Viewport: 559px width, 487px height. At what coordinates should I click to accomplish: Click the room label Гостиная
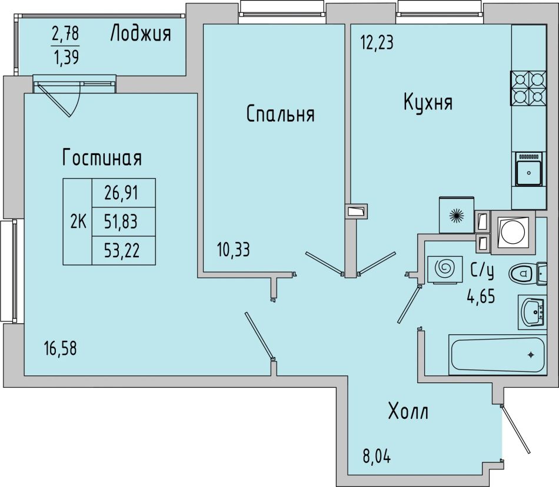102,157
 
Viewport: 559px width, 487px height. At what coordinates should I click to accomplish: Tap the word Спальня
281,114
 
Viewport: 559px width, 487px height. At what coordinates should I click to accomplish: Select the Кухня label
428,102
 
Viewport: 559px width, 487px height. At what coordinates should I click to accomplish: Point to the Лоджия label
141,34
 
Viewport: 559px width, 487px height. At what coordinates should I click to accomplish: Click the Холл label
408,411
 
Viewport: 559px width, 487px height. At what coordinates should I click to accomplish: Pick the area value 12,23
377,43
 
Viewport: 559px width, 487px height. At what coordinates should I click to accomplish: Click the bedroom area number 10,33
234,250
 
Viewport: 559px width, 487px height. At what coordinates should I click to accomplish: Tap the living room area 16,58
60,348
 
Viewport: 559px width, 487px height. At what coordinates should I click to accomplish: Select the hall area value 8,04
377,456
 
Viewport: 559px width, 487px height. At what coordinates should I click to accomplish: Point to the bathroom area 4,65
481,296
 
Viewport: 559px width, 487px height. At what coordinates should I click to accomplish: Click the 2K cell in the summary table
78,222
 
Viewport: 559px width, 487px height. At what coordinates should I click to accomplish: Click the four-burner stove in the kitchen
528,88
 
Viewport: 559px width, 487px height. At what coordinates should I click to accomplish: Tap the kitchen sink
529,169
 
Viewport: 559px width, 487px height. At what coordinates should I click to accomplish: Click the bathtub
497,355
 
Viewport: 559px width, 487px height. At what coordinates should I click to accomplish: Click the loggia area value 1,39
65,56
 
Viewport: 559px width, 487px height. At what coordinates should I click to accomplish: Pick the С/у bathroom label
482,271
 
